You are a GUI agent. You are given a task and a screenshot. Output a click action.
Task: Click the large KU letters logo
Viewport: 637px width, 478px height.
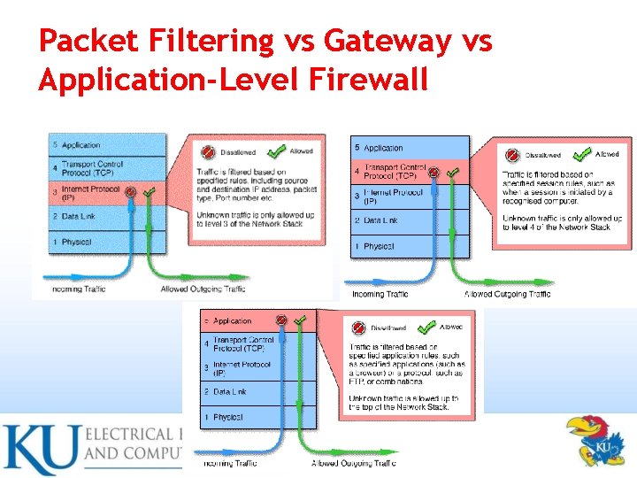point(39,450)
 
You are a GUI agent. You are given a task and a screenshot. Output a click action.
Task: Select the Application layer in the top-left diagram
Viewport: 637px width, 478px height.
point(81,145)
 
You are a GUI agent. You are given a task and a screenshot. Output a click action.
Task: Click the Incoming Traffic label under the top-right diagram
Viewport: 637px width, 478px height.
point(380,294)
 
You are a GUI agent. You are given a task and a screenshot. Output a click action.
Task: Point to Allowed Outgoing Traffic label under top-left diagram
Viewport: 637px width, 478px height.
point(203,289)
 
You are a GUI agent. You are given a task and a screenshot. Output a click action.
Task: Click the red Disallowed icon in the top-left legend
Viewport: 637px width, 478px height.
point(209,152)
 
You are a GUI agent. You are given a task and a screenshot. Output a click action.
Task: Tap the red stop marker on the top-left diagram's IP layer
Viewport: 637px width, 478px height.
point(130,191)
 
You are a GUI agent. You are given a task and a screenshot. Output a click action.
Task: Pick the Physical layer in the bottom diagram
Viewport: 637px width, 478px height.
point(227,417)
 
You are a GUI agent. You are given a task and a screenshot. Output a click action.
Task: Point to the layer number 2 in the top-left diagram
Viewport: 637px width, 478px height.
point(55,216)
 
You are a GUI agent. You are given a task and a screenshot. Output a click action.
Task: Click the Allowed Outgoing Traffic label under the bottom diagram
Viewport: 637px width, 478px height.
point(353,463)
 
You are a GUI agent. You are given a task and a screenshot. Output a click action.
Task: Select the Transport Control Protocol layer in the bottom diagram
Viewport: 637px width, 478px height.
point(243,343)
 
